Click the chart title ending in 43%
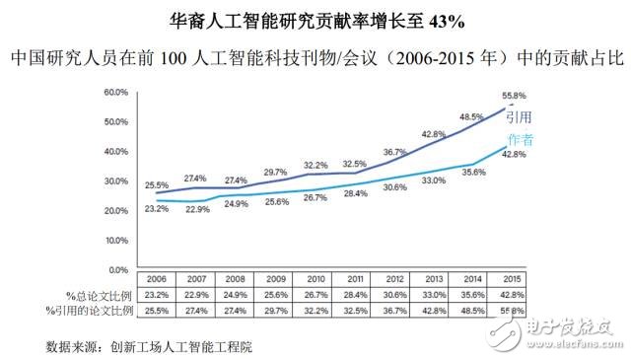315,19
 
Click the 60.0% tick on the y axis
114,93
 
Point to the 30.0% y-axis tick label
114,181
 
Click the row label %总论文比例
86,295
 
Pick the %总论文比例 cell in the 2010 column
315,295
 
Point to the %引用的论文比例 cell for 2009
275,310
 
